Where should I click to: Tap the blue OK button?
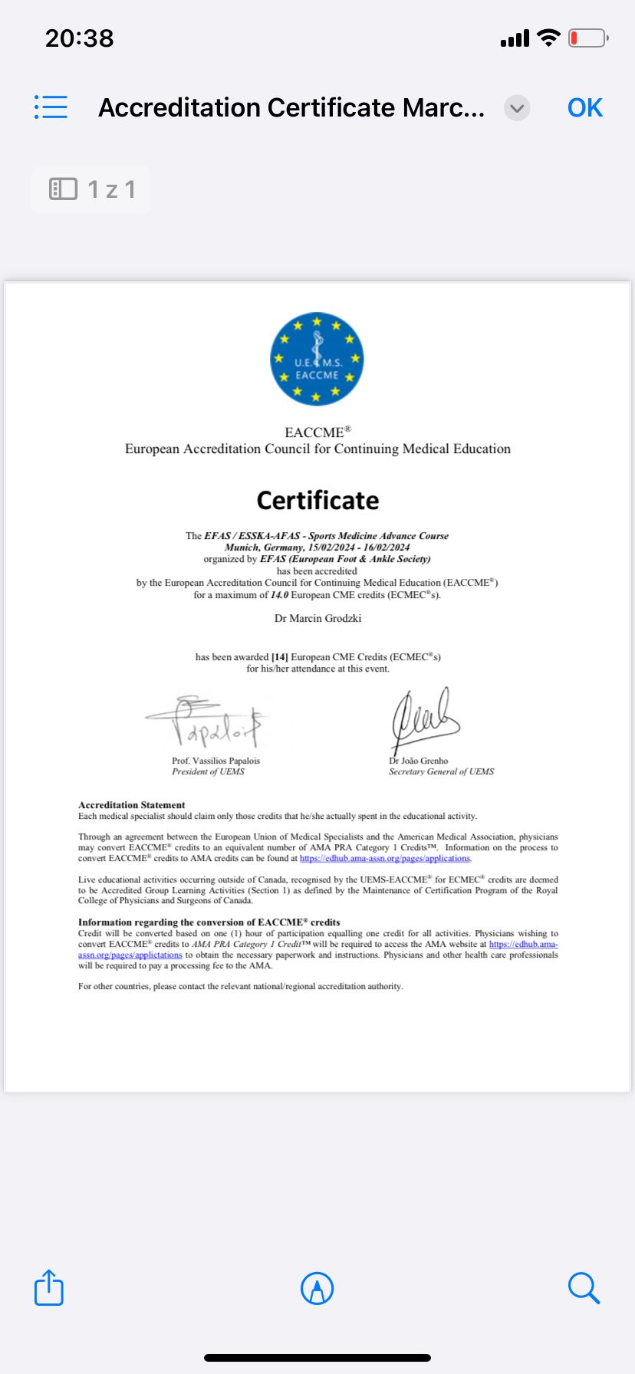585,108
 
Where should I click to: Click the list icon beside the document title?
51,107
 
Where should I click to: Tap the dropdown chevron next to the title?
517,108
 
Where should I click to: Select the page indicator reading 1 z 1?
92,189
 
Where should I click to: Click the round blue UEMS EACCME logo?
317,359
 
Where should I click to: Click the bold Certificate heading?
317,501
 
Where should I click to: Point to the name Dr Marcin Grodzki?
317,618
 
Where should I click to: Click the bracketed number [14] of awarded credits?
280,657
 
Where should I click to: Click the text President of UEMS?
208,772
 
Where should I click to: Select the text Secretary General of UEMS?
441,772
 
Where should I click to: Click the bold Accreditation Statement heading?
132,805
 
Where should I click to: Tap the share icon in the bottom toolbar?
49,1287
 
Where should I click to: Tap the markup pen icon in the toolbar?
317,1288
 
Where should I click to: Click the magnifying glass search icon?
584,1288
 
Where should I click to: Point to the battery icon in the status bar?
587,38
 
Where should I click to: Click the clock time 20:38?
79,38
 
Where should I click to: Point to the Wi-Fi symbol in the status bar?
548,38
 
